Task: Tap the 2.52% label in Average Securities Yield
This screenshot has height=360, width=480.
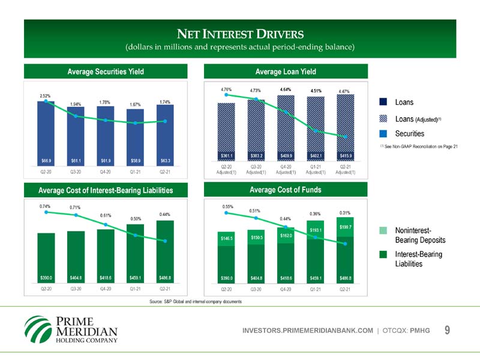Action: pyautogui.click(x=45, y=96)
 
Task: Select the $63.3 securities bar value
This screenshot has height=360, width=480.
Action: pyautogui.click(x=165, y=161)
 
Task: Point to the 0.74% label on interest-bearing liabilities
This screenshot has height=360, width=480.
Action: pyautogui.click(x=45, y=206)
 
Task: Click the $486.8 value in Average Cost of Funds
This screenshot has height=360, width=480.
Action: pyautogui.click(x=345, y=278)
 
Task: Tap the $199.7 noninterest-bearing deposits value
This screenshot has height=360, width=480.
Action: pyautogui.click(x=346, y=227)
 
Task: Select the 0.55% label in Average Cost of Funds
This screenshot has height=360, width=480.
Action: pyautogui.click(x=227, y=206)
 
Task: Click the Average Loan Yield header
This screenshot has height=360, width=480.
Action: pyautogui.click(x=286, y=72)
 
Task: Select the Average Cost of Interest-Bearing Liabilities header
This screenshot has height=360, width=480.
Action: pyautogui.click(x=106, y=190)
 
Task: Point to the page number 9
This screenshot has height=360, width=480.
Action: pyautogui.click(x=448, y=330)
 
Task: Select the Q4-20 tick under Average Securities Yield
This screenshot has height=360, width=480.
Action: pyautogui.click(x=105, y=173)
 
